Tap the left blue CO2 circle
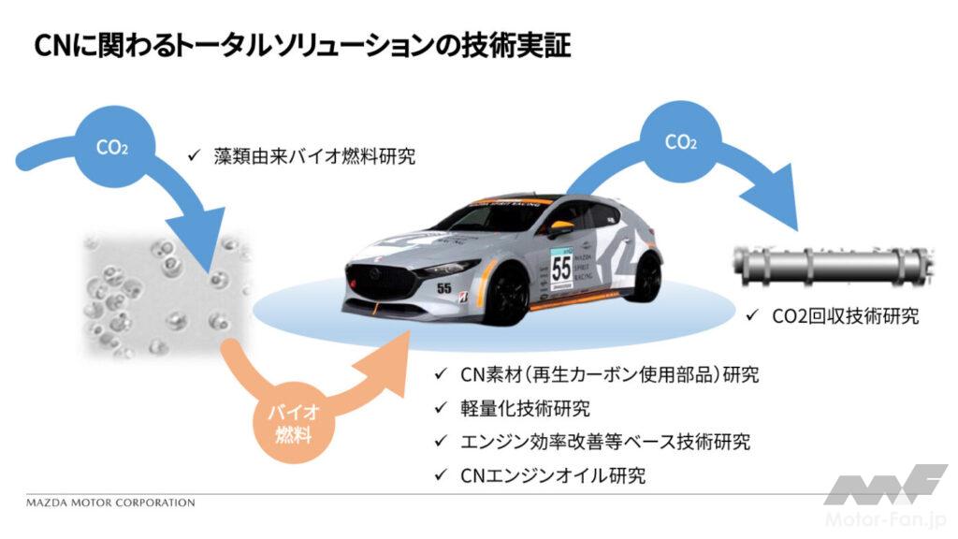(x=112, y=147)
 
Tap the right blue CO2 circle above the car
(x=680, y=142)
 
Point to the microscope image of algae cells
(x=164, y=295)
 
